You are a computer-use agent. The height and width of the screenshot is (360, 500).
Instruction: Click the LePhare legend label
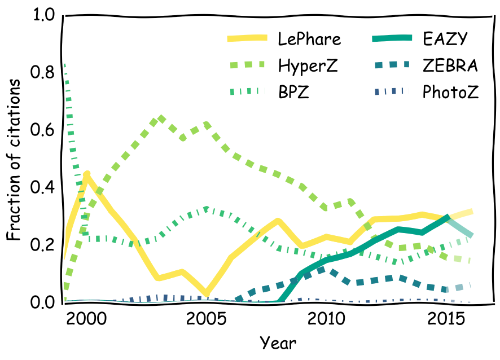[309, 39]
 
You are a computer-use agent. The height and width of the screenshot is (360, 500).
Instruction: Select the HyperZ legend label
[308, 66]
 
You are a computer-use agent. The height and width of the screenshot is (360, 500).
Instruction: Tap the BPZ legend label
[292, 92]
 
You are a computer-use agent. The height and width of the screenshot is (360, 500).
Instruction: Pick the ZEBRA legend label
[450, 66]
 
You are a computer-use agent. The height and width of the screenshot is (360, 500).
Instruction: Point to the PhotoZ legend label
[450, 92]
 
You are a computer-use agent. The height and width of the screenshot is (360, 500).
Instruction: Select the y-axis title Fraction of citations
[15, 160]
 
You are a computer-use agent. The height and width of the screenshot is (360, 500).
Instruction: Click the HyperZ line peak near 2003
[161, 118]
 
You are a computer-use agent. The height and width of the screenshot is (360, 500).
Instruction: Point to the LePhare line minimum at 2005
[207, 294]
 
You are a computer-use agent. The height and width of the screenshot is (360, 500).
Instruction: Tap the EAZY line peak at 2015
[448, 217]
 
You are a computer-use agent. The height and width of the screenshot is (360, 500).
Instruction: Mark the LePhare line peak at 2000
[87, 175]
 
